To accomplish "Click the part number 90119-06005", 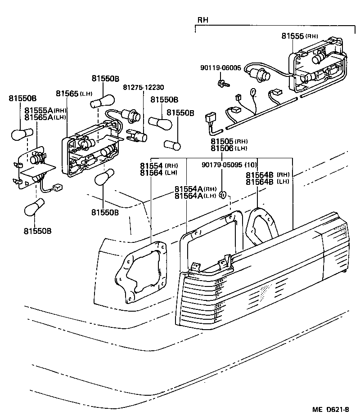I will pyautogui.click(x=220, y=68).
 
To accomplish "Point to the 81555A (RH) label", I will pyautogui.click(x=45, y=111).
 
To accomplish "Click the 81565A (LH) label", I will pyautogui.click(x=45, y=117).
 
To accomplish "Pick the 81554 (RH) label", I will pyautogui.click(x=158, y=166).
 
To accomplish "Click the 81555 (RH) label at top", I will pyautogui.click(x=300, y=36).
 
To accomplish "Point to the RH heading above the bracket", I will pyautogui.click(x=202, y=20).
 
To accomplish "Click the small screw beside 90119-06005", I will pyautogui.click(x=222, y=83).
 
